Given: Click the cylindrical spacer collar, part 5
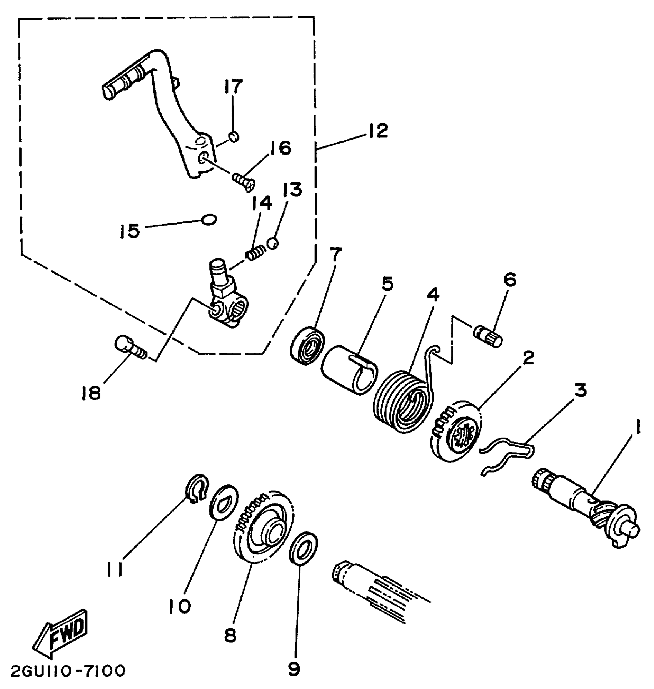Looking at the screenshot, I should (x=348, y=369).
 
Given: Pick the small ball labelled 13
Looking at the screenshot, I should (x=272, y=243).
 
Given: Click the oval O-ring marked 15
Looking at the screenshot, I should (x=209, y=220).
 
